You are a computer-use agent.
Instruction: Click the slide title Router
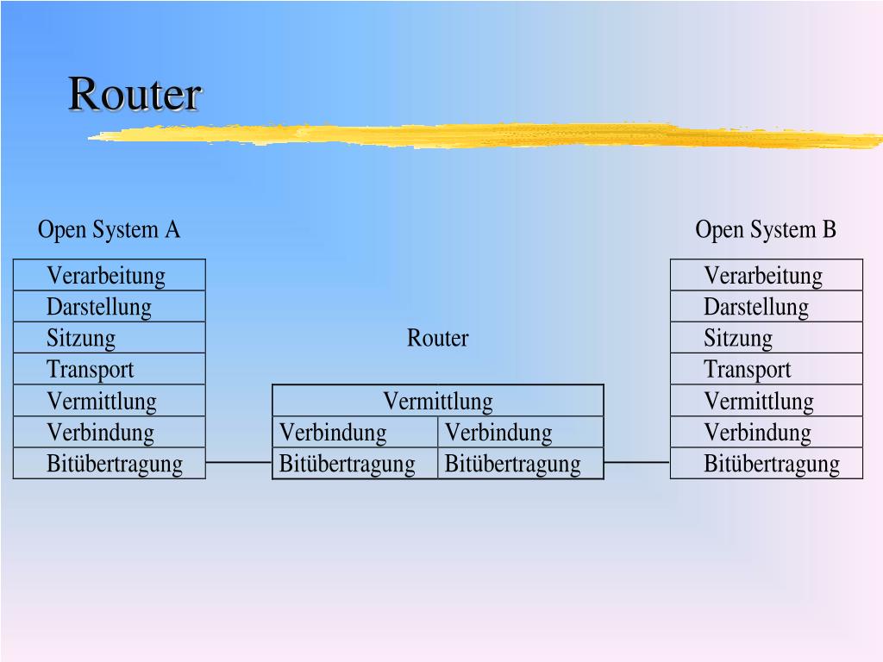135,94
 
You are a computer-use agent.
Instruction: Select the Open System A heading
109,230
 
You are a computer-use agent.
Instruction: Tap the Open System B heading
766,230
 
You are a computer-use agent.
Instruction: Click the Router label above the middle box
438,338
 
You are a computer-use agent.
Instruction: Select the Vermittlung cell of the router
438,401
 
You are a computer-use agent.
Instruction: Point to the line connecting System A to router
239,463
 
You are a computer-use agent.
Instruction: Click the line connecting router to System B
637,463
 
